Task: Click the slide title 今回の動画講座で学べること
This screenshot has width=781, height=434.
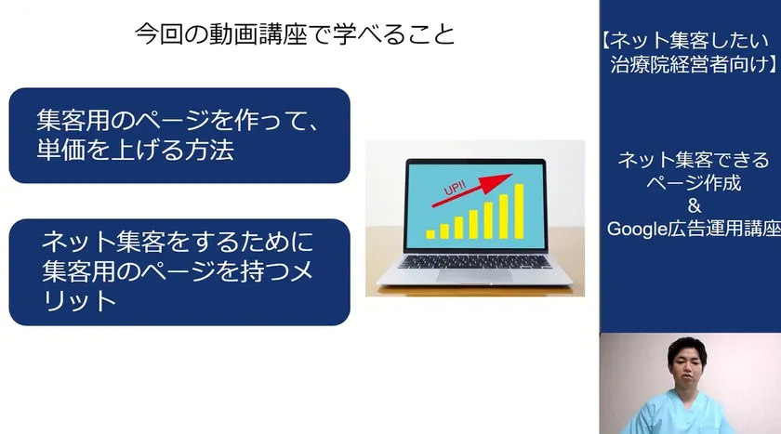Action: [295, 34]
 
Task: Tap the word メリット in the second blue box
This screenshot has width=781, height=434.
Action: [178, 285]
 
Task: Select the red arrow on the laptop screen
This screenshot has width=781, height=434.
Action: [472, 190]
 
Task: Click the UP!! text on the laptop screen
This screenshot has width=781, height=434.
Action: [455, 188]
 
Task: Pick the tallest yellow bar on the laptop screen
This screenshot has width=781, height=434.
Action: [519, 211]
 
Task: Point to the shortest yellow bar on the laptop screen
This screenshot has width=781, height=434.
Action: [430, 234]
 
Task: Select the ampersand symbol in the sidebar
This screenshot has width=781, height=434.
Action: [694, 205]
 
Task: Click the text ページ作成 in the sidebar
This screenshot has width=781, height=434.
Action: [694, 183]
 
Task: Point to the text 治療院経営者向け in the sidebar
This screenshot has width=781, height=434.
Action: [689, 64]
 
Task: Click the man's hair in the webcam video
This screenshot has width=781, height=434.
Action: [687, 348]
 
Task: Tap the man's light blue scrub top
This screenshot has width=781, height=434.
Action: [678, 415]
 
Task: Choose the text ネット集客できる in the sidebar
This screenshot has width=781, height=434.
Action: [694, 160]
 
